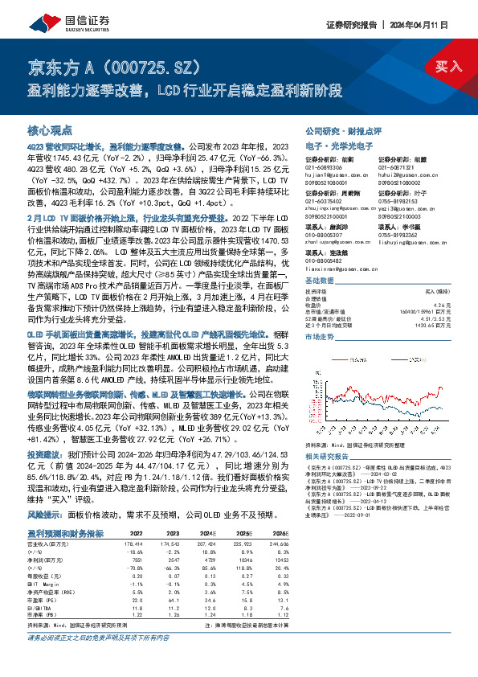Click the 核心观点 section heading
pos(50,129)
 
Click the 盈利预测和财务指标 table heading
pos(65,532)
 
